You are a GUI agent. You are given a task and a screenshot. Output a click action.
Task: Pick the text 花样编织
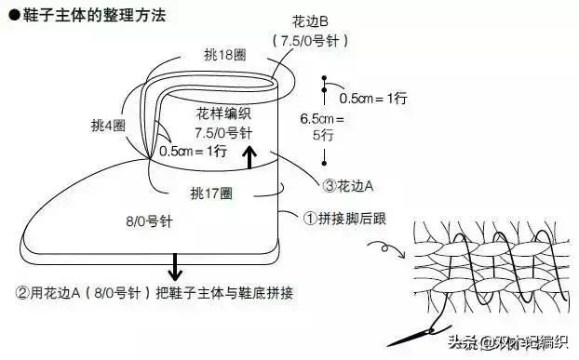point(223,113)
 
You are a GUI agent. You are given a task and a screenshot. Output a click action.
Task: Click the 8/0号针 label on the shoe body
point(145,221)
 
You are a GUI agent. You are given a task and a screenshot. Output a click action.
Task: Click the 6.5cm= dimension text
point(322,118)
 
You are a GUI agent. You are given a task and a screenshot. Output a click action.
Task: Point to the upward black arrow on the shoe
point(249,158)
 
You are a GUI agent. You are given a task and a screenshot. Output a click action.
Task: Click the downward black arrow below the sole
point(173,267)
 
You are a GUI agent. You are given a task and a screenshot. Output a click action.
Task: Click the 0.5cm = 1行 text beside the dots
point(372,97)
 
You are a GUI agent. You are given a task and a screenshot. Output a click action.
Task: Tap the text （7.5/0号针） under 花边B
point(307,41)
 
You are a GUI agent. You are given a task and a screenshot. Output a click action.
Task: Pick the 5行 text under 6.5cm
point(322,134)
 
